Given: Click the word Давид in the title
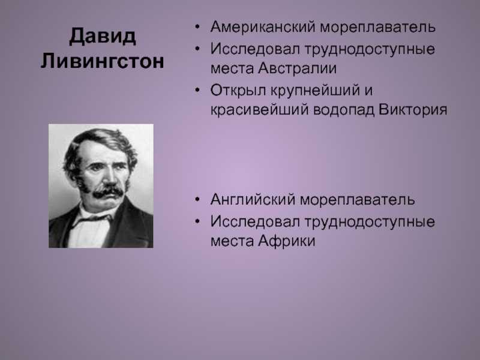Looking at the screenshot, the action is (x=103, y=37).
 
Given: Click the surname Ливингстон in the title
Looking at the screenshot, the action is (x=102, y=61).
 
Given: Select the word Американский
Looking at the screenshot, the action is (x=263, y=26).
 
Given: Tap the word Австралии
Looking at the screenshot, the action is (x=297, y=68).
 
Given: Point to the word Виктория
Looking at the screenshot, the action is (x=413, y=109).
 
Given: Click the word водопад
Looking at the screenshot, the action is (x=344, y=110).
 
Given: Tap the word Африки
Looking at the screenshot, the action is (x=287, y=241).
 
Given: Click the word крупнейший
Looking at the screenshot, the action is (x=315, y=91).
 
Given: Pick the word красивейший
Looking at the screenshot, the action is (x=260, y=110).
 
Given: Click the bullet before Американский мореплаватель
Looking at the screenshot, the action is (x=197, y=26).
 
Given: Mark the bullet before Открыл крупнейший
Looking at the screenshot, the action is (x=197, y=90).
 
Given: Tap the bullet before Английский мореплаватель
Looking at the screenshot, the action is (x=197, y=199).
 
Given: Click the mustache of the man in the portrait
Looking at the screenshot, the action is (x=108, y=192).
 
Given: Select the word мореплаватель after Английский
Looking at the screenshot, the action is (x=358, y=200).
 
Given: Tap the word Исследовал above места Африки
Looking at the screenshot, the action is (x=256, y=221).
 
